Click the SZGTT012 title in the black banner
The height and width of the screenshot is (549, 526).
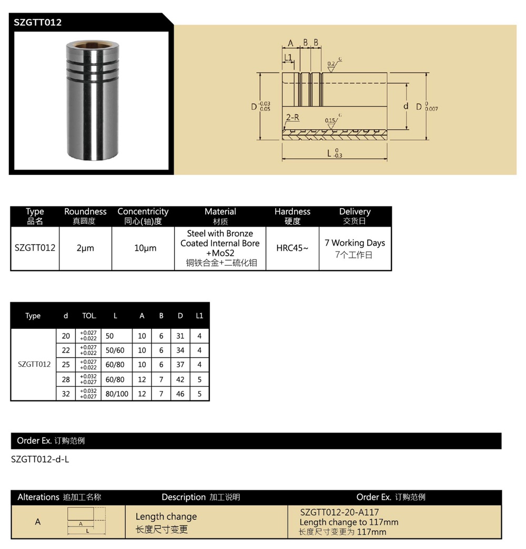point(37,22)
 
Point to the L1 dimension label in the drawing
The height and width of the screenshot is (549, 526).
point(288,57)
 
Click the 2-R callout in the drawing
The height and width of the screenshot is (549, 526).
point(292,118)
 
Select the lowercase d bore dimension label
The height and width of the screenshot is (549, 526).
point(406,106)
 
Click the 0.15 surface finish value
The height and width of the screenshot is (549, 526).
point(330,121)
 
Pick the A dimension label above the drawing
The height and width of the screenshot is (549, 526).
point(290,43)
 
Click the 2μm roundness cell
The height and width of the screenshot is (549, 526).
point(85,248)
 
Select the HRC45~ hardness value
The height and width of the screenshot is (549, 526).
point(292,248)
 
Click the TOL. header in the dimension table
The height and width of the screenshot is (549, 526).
point(89,316)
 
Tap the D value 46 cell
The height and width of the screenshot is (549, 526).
point(180,393)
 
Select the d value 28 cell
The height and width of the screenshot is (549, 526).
point(66,379)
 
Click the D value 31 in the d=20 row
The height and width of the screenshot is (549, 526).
point(180,336)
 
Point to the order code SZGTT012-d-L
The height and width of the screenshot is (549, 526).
point(40,459)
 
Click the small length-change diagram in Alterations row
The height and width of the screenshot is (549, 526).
point(87,522)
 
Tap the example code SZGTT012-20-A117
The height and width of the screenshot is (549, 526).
point(339,512)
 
